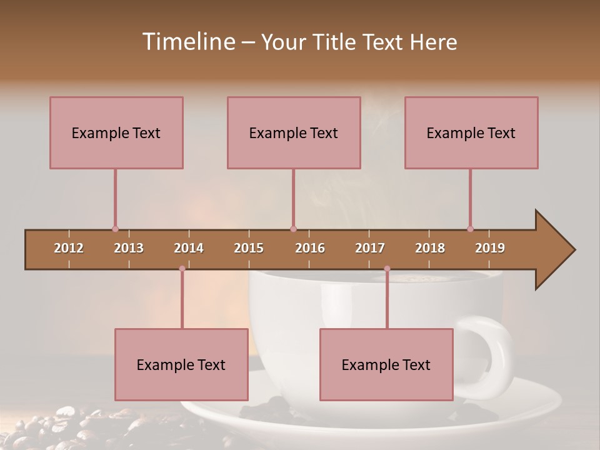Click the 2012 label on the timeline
pyautogui.click(x=69, y=248)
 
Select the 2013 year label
pyautogui.click(x=129, y=248)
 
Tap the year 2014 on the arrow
pyautogui.click(x=189, y=248)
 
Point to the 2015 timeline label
pyautogui.click(x=249, y=248)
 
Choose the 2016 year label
pyautogui.click(x=310, y=248)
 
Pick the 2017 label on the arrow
pyautogui.click(x=370, y=248)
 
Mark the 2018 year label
pyautogui.click(x=430, y=248)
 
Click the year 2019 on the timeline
pyautogui.click(x=490, y=248)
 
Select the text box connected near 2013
pyautogui.click(x=116, y=132)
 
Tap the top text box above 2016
pyautogui.click(x=294, y=132)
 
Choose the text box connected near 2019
pyautogui.click(x=471, y=132)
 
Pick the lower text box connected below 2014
pyautogui.click(x=181, y=364)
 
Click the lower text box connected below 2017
pyautogui.click(x=386, y=364)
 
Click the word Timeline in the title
pyautogui.click(x=187, y=42)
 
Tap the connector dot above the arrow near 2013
pyautogui.click(x=115, y=229)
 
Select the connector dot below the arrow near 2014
pyautogui.click(x=182, y=269)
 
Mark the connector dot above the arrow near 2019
pyautogui.click(x=470, y=229)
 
